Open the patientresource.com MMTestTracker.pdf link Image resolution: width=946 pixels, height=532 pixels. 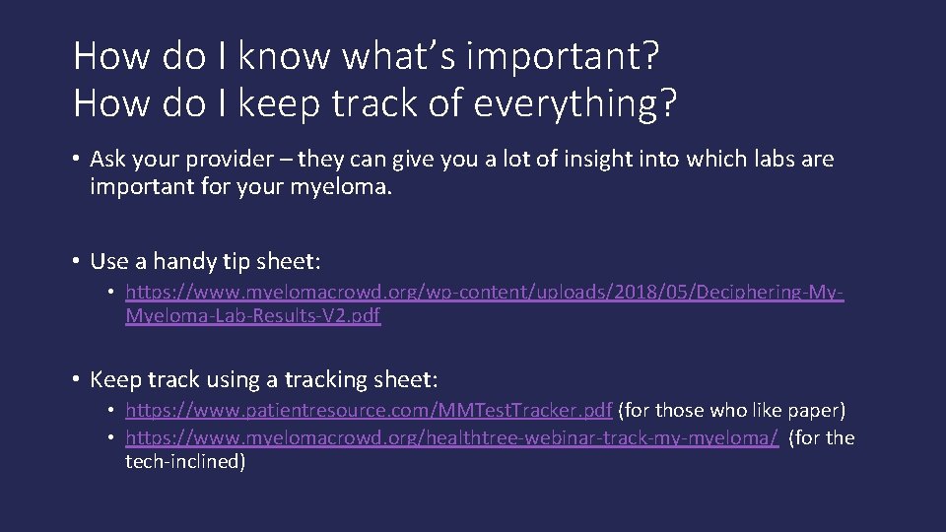click(x=369, y=410)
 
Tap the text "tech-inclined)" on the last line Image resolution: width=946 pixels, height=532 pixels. click(x=186, y=461)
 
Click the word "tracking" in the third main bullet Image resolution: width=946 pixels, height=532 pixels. click(x=323, y=379)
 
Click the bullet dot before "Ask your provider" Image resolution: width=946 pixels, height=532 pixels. click(x=76, y=160)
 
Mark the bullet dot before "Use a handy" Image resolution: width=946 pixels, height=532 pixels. click(x=76, y=262)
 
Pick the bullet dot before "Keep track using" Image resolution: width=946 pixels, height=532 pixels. click(x=76, y=379)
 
